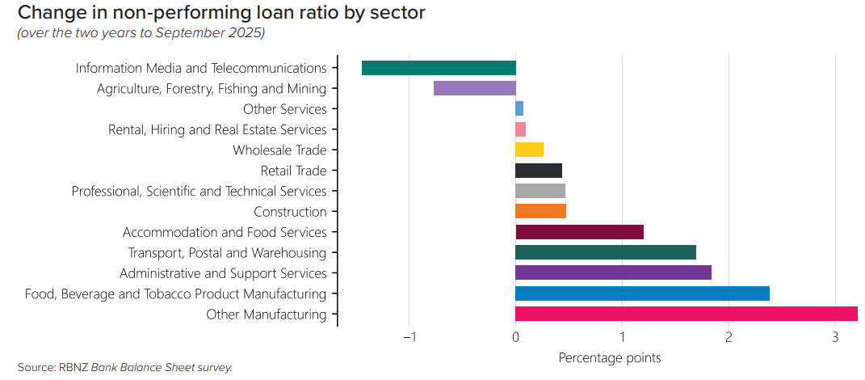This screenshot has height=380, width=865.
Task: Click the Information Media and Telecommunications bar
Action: tap(439, 68)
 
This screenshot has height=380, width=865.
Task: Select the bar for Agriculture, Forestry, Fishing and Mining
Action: tap(474, 88)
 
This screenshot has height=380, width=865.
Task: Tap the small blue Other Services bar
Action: tap(519, 108)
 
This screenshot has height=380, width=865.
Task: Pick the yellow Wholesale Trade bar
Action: tap(529, 150)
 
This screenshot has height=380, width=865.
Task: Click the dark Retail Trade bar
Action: tap(538, 171)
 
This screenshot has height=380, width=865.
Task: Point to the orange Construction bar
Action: tap(540, 212)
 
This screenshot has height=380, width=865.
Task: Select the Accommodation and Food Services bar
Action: tap(579, 232)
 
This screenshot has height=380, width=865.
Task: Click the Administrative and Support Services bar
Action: tap(613, 273)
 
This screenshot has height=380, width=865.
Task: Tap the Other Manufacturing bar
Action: tap(686, 315)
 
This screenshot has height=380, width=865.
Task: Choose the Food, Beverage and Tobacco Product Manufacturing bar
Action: tap(642, 293)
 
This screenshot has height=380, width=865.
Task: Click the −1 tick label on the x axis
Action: tap(409, 338)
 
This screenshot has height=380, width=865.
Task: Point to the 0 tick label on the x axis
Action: tap(515, 338)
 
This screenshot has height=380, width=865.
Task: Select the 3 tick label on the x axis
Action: tap(835, 338)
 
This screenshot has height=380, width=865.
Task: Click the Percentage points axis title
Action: tap(610, 357)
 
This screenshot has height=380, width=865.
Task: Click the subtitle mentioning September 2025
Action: tap(141, 33)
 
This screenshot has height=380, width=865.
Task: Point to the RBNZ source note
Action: tap(125, 367)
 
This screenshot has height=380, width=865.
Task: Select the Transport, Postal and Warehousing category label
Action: tap(227, 253)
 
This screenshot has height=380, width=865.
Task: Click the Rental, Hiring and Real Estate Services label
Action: tap(217, 129)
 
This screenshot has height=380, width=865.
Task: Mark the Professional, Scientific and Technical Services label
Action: tap(199, 192)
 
